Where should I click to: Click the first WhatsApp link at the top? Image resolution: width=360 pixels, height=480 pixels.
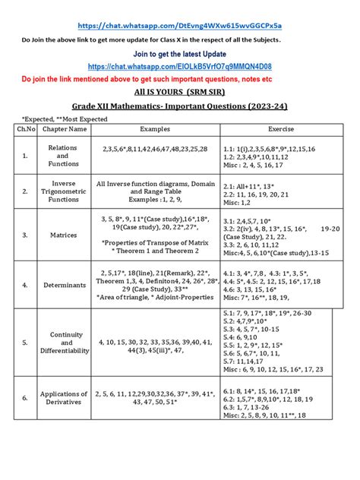pos(179,24)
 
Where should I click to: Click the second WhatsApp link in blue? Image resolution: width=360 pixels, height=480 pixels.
pos(179,67)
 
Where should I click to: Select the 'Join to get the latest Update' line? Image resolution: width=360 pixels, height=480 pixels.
pos(179,55)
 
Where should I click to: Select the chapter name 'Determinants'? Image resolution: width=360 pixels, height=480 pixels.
pos(64,286)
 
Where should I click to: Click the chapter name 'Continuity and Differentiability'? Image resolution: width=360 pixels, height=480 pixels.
pos(64,342)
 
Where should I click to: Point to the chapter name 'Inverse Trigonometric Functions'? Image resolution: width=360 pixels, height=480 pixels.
pos(64,191)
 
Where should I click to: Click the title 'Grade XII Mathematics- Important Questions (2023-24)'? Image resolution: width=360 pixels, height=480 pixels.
pos(179,106)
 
